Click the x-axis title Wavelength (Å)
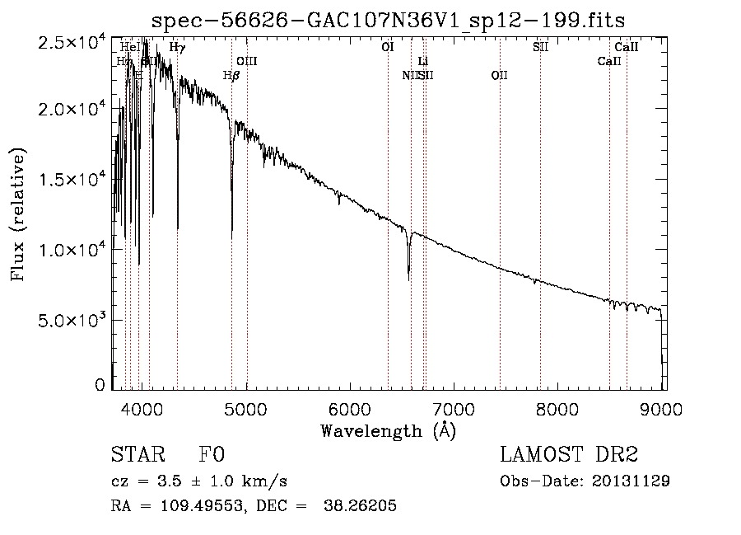tap(388, 431)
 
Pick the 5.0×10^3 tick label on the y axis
tap(72, 321)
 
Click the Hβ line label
tap(231, 76)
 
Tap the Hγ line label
tap(177, 48)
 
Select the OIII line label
tap(247, 62)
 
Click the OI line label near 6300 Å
tap(387, 48)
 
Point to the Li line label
tap(423, 62)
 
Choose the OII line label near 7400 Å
tap(499, 76)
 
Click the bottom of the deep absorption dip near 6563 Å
tap(408, 279)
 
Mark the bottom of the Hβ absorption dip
tap(231, 237)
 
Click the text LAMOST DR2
tap(569, 455)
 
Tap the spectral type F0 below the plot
tap(212, 455)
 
